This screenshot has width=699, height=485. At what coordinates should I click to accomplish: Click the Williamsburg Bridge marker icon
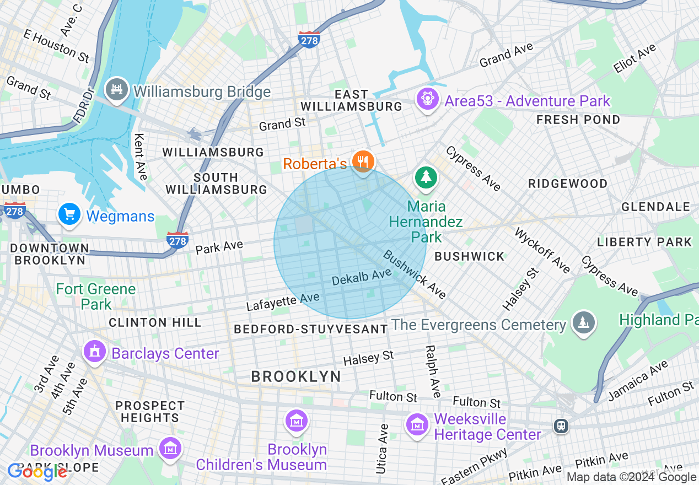pos(116,90)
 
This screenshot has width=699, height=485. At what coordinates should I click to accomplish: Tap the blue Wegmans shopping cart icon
pos(69,215)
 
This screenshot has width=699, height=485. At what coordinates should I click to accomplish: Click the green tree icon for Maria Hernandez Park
pos(426,177)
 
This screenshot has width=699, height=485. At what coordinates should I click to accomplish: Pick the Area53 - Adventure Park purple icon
pos(427,100)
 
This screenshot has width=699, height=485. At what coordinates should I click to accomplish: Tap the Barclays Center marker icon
pos(95,351)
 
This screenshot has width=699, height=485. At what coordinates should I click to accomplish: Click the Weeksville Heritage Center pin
pos(417,425)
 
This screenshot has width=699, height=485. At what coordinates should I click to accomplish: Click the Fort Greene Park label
pos(96,297)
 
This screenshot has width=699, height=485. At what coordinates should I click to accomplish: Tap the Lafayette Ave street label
pos(283,301)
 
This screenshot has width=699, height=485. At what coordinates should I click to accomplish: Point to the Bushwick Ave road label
pos(415,274)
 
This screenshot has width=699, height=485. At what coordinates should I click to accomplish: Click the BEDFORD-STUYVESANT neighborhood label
pos(311,329)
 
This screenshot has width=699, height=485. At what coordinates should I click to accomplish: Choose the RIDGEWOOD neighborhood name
pos(568,184)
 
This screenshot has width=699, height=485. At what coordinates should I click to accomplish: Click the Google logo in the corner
pos(37,472)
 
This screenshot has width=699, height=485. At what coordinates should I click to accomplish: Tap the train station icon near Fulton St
pos(561,426)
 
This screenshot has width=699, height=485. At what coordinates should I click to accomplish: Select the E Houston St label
pos(56,46)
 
